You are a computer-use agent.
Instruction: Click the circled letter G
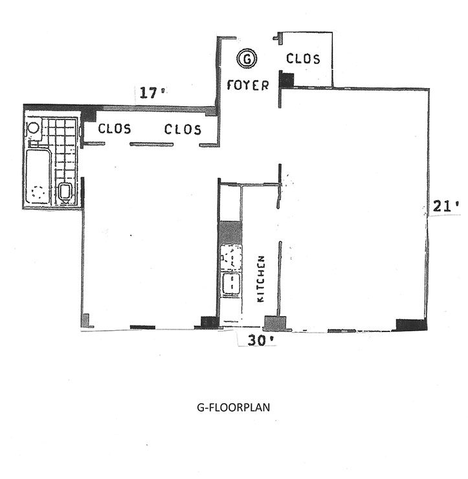tap(246, 59)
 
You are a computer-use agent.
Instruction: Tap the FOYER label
tap(247, 85)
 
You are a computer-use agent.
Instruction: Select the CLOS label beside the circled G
tap(303, 59)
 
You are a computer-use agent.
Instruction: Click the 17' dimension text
tap(149, 93)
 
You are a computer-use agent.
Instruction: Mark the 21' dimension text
tap(446, 207)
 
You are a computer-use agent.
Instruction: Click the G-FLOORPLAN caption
tap(232, 408)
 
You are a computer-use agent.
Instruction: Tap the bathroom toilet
tap(65, 192)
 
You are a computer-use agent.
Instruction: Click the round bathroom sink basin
tap(34, 128)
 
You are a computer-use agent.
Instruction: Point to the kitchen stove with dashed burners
tap(231, 257)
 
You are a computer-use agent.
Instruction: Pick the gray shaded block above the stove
tap(230, 232)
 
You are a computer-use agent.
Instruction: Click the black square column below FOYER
tap(287, 80)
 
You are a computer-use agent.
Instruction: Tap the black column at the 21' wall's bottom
tap(411, 324)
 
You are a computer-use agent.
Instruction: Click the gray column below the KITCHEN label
tap(275, 323)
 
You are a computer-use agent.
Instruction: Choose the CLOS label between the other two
tap(183, 129)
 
